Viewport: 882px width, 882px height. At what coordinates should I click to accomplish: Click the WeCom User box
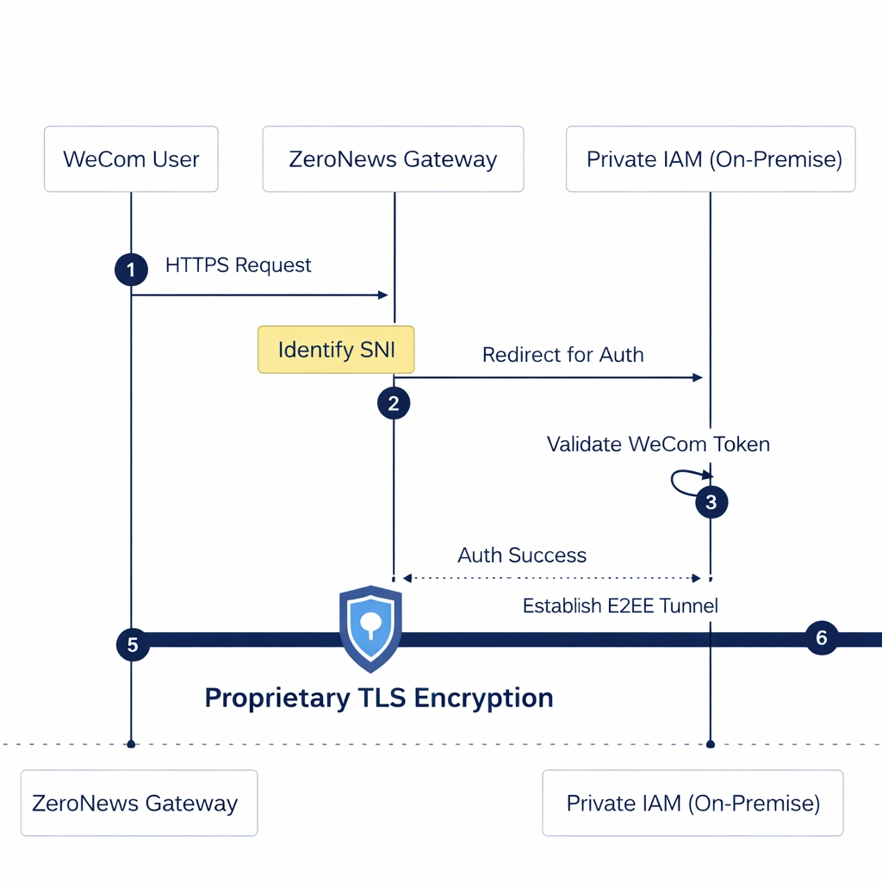(x=131, y=159)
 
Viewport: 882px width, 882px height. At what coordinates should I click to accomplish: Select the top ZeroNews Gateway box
(x=393, y=159)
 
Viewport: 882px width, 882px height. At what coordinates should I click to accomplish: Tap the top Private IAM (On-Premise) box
(x=711, y=159)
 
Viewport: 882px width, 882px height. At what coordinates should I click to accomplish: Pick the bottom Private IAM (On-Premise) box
(x=693, y=803)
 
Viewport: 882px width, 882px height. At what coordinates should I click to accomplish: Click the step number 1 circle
(x=131, y=270)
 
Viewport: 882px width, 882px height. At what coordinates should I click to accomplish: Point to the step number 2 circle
(x=394, y=403)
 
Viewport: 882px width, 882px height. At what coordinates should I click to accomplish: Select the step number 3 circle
(x=711, y=502)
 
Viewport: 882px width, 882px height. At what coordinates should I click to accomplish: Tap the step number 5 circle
(x=133, y=644)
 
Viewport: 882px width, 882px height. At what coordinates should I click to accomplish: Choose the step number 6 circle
(x=821, y=638)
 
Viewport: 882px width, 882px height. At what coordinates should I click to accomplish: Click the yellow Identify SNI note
(x=336, y=350)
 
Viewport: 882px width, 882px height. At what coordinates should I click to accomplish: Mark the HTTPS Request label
(x=239, y=264)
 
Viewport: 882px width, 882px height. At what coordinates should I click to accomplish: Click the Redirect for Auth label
(x=562, y=354)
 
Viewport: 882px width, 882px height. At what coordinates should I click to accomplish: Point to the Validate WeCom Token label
(x=658, y=444)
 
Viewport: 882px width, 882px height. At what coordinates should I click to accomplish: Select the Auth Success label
(x=522, y=555)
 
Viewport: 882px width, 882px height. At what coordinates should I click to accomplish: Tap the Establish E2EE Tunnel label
(x=620, y=606)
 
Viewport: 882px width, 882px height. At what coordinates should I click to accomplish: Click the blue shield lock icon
(x=370, y=627)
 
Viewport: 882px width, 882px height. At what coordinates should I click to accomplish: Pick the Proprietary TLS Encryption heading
(x=379, y=697)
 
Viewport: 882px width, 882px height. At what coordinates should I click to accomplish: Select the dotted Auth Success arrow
(x=551, y=577)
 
